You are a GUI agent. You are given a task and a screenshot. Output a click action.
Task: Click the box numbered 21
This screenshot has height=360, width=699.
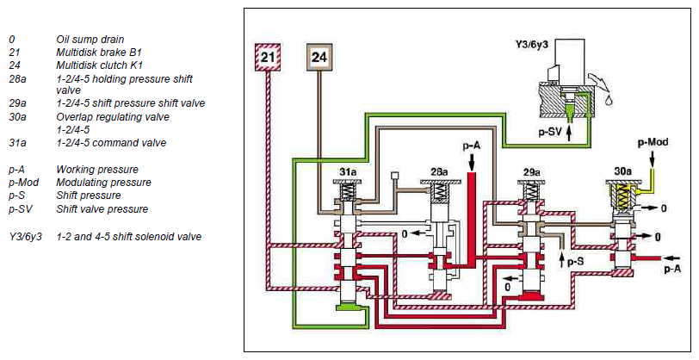click(268, 57)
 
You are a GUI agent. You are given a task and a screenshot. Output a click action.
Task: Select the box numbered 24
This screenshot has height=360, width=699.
click(319, 57)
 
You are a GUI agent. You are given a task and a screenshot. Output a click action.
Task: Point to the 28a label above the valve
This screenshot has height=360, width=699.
click(439, 171)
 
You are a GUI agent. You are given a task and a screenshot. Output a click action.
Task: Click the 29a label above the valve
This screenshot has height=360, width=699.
click(531, 171)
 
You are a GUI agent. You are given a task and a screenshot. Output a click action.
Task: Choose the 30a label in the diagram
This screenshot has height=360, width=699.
click(622, 171)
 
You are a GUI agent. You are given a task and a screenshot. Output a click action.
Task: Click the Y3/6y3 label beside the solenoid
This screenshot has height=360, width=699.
click(531, 45)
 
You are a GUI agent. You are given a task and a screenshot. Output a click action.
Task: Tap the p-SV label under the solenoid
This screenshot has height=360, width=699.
click(549, 132)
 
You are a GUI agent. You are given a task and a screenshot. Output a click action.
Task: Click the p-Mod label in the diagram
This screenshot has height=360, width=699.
click(653, 142)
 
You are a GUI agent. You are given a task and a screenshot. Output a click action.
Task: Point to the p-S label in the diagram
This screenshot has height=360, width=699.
click(576, 263)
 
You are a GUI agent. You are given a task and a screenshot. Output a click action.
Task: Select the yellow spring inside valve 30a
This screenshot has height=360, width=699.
click(622, 197)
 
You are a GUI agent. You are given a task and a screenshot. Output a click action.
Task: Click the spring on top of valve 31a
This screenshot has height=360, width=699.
click(349, 193)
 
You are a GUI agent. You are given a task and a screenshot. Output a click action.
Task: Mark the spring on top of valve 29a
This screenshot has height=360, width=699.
click(531, 192)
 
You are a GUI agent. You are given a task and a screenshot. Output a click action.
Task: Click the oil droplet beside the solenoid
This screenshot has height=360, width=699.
click(607, 101)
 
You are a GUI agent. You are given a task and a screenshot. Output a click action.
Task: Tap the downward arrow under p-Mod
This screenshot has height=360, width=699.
click(653, 158)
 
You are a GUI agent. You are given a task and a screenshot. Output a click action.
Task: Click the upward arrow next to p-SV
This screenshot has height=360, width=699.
click(569, 133)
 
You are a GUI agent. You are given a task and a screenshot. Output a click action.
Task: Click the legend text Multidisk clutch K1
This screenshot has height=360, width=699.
click(99, 65)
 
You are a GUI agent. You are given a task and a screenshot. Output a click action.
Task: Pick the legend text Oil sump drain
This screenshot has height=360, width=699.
click(90, 40)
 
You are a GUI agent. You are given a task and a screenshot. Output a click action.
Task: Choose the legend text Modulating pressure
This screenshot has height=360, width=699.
click(103, 183)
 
